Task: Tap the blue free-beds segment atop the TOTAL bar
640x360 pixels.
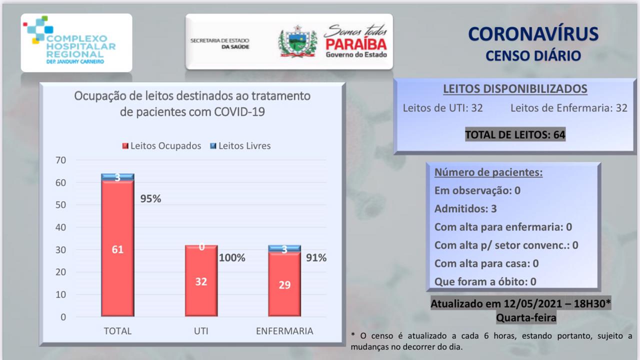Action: point(117,176)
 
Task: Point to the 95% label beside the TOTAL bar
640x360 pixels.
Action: point(150,198)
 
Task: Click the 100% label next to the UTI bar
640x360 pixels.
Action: point(232,258)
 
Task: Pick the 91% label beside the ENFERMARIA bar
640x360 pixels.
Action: point(316,258)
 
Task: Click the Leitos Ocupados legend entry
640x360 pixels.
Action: point(161,146)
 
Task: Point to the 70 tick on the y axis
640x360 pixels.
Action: point(61,160)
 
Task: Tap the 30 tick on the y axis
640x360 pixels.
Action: point(61,250)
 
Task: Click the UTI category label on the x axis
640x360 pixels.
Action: point(200,331)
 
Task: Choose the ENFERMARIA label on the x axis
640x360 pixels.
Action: point(284,331)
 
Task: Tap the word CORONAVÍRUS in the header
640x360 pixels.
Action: point(533,34)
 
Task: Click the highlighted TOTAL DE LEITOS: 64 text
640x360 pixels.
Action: point(515,134)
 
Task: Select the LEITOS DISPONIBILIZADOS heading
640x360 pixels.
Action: point(515,89)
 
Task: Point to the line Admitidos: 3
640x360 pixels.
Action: point(465,209)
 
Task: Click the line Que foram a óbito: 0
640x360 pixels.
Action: point(485,281)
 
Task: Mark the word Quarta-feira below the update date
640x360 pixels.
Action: point(525,317)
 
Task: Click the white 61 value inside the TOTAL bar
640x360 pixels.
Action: point(117,249)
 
